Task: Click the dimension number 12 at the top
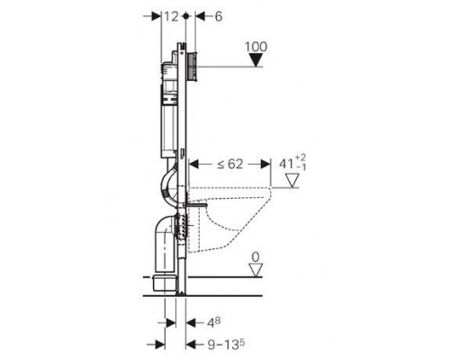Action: pos(172,16)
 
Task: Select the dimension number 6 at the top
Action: pos(219,16)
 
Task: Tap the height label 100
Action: pos(256,47)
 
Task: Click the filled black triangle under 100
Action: pos(256,60)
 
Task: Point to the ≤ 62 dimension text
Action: pos(229,164)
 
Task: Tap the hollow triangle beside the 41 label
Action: pos(292,181)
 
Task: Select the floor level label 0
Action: pos(256,257)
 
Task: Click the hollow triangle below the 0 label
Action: pos(256,270)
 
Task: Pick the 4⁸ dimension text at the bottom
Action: pos(214,322)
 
